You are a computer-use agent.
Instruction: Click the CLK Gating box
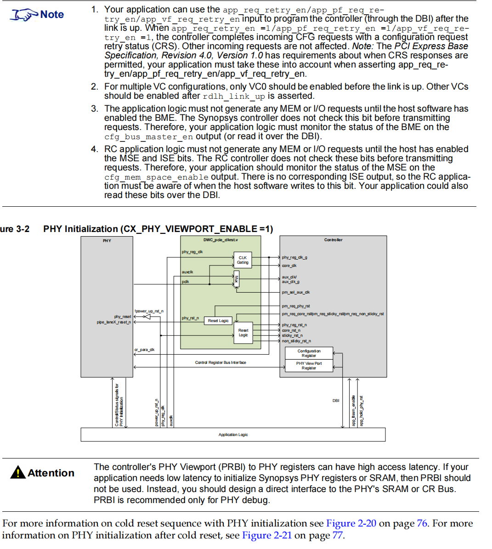coord(243,260)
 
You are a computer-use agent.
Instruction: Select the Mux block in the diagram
coord(237,278)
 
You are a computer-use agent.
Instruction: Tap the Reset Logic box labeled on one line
coord(218,321)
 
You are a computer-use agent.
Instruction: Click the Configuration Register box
coord(309,353)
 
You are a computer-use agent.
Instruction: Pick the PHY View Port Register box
coord(309,366)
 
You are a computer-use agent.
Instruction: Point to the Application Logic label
coord(233,435)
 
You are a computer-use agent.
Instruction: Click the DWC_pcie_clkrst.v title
coord(221,240)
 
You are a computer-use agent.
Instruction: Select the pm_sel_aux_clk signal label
coord(296,292)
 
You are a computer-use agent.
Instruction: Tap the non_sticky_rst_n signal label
coord(296,341)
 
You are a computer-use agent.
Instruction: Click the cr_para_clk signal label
coord(144,350)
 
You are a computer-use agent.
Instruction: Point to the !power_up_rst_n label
coord(149,311)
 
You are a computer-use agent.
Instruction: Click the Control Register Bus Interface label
coord(221,362)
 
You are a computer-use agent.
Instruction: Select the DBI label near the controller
coord(336,401)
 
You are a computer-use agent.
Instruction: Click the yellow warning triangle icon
coord(18,472)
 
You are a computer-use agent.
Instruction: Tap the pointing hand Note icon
coord(24,15)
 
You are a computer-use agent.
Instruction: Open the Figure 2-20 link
coord(351,523)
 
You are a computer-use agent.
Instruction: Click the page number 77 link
coord(337,535)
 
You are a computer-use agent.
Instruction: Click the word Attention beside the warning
coord(51,473)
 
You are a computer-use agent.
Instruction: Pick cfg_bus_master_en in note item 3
coord(148,136)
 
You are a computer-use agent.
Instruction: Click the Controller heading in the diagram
coord(333,240)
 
